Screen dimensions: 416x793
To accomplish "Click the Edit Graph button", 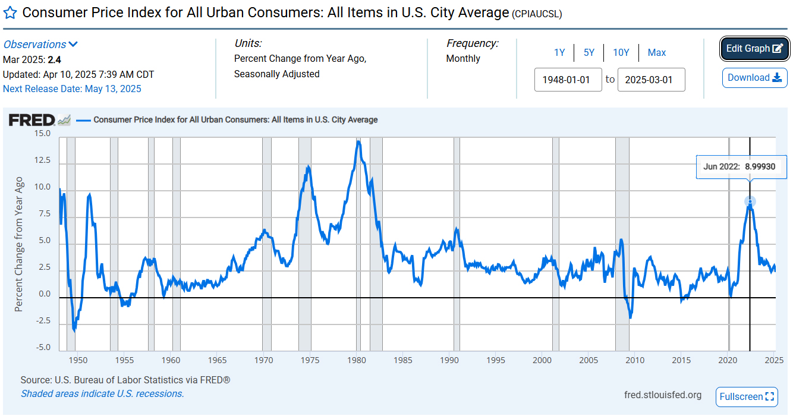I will click(754, 49).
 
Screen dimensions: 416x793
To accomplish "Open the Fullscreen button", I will click(747, 396).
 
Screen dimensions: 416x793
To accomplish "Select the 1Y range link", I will click(559, 52).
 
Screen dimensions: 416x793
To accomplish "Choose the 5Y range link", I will click(589, 52).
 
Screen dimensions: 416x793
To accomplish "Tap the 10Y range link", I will click(621, 52).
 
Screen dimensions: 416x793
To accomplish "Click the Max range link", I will click(657, 52).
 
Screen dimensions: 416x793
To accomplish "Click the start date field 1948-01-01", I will click(568, 80).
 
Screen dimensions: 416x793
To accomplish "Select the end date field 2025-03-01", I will click(651, 80).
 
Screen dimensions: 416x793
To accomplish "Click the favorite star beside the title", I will click(10, 13).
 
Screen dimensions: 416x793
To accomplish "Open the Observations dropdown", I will click(40, 45).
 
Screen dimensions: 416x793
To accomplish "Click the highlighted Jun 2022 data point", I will click(750, 202).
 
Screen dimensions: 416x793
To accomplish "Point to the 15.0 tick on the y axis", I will click(42, 134).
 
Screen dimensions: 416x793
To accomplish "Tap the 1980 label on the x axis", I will click(357, 360).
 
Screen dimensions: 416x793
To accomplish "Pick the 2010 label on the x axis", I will click(635, 360).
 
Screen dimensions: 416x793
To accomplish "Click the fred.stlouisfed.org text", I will click(663, 395).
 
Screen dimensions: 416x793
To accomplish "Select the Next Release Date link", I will click(72, 89).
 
